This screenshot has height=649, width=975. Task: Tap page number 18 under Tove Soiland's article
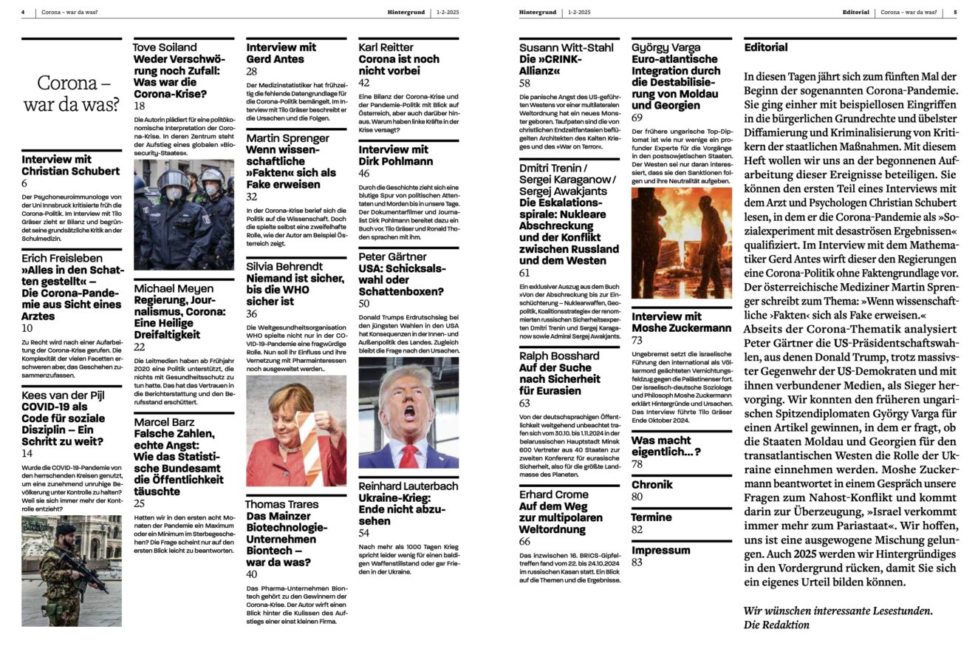click(x=139, y=106)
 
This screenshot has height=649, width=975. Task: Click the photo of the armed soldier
click(x=72, y=571)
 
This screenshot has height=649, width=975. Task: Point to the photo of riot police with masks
click(x=184, y=214)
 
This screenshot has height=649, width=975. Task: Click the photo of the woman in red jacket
click(x=296, y=430)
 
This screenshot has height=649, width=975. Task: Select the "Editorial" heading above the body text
click(x=765, y=47)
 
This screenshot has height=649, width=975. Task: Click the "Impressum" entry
click(x=660, y=550)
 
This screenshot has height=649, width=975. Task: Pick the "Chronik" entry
click(x=652, y=485)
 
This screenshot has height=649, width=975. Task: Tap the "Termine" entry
click(x=651, y=517)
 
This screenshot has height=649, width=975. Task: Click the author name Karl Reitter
click(x=386, y=47)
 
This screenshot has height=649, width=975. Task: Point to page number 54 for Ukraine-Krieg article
click(x=364, y=533)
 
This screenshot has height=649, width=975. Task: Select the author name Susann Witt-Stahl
click(x=566, y=47)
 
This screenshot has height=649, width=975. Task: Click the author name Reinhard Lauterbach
click(x=408, y=486)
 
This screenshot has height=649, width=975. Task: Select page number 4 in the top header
click(x=23, y=13)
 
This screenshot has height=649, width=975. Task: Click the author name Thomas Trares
click(x=282, y=504)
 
